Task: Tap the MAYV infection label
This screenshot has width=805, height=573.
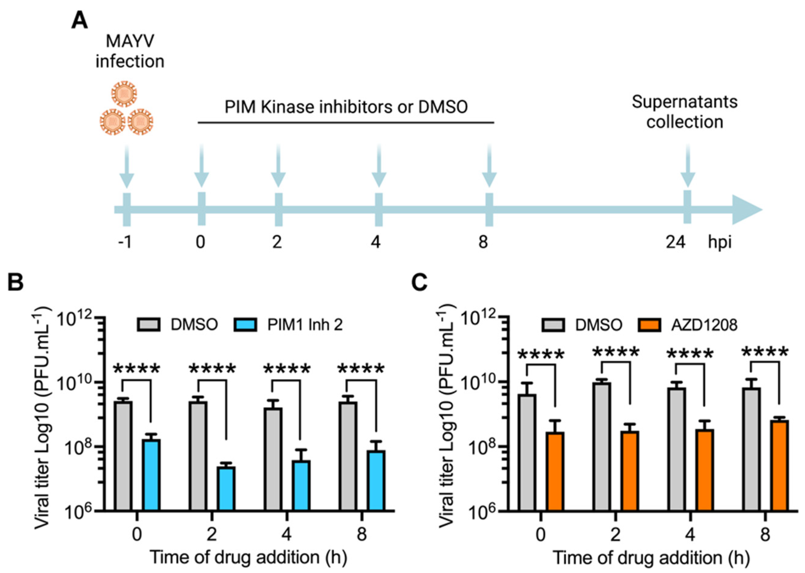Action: [130, 51]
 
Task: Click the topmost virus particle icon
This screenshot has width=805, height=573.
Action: [124, 93]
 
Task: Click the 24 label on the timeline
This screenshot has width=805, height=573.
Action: [675, 242]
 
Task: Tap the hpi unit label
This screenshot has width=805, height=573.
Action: [720, 242]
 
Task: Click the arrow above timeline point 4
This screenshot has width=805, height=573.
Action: [379, 166]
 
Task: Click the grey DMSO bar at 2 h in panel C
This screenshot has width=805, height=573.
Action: [602, 446]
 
